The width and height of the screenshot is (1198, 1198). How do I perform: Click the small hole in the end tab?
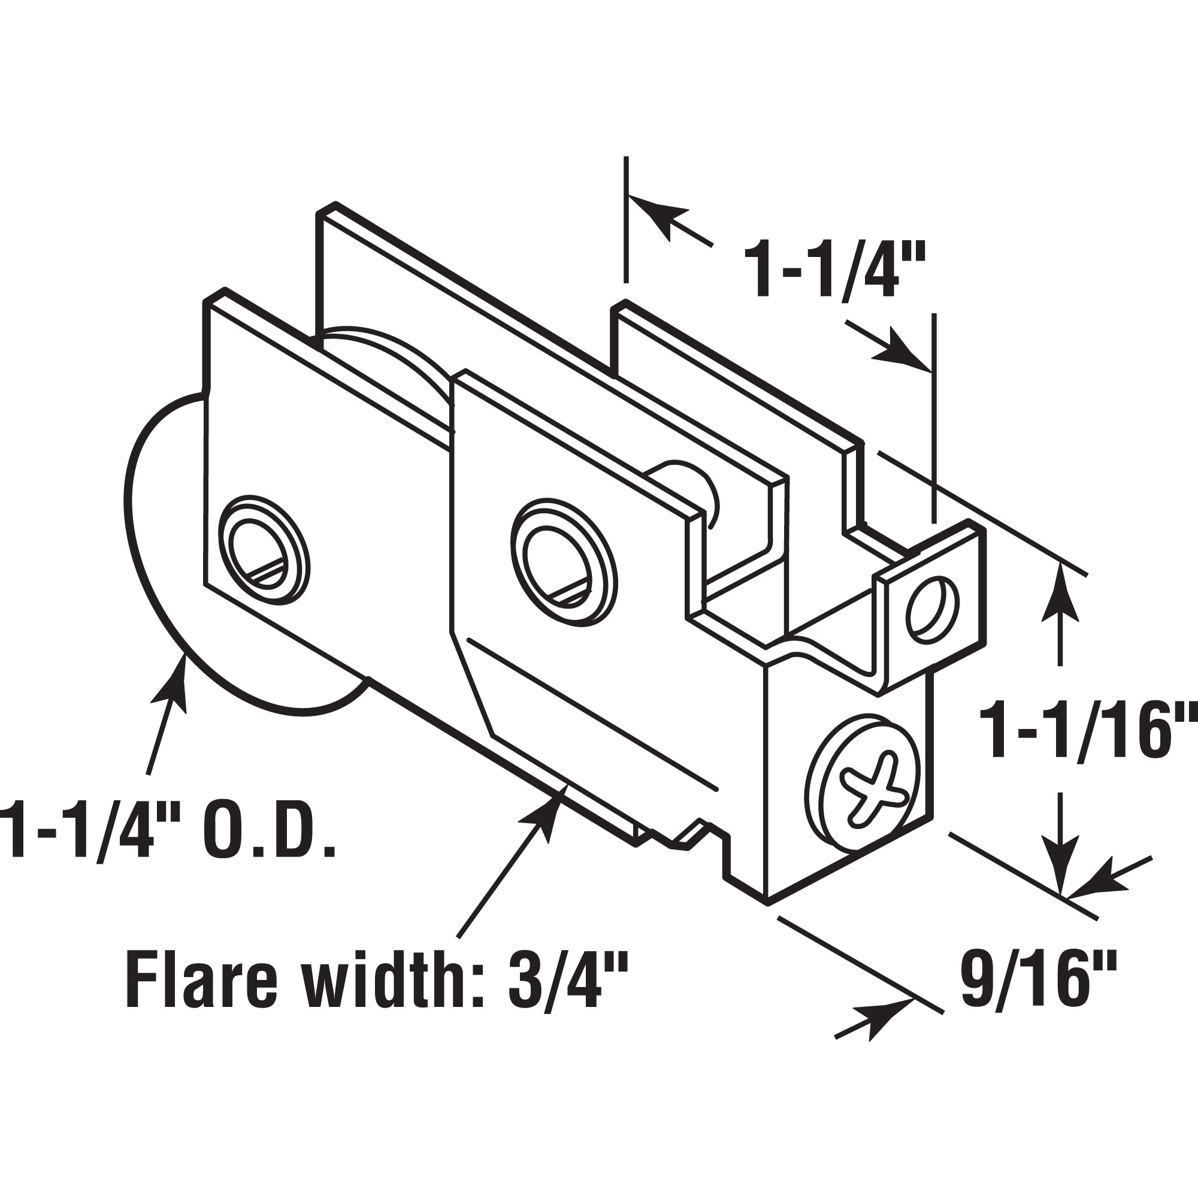(932, 607)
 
